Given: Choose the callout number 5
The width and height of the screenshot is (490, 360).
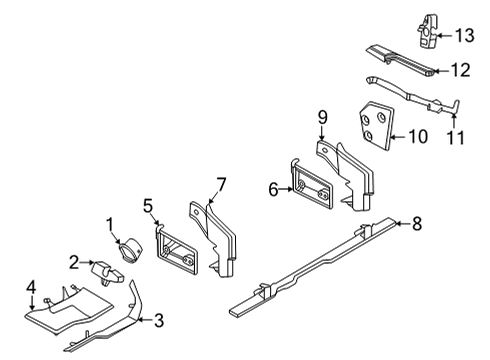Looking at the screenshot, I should (x=149, y=206).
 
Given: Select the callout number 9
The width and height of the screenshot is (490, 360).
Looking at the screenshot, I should (x=322, y=117).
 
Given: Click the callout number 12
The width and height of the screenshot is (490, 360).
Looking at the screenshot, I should (x=461, y=70).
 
